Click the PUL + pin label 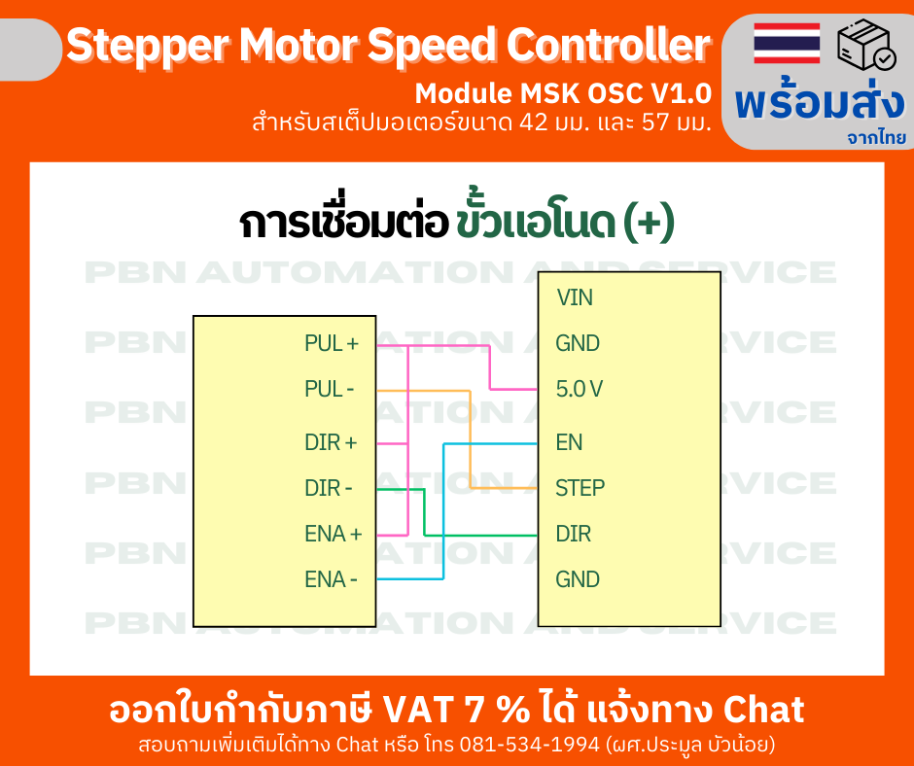331,343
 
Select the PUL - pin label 329,390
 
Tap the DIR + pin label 331,442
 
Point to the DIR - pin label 329,488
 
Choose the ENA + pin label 333,534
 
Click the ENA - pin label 331,579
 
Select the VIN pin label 575,297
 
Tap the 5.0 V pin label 580,390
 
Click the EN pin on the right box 569,442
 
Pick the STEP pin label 580,487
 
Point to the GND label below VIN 578,343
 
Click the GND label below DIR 578,579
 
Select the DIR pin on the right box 573,534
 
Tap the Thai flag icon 787,43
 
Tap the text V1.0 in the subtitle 681,94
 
